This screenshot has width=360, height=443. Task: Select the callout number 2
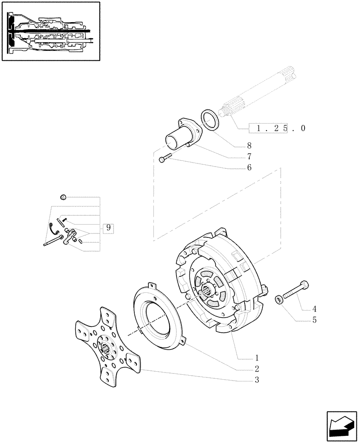tap(256, 369)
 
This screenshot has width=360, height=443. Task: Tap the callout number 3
tap(256, 380)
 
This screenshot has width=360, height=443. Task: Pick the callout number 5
tap(314, 320)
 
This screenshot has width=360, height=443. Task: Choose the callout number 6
tap(249, 167)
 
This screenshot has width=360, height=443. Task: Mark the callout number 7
tap(249, 156)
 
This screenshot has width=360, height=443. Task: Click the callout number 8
tap(249, 145)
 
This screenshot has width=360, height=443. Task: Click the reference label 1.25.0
tap(277, 128)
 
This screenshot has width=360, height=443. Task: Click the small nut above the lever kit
tap(63, 197)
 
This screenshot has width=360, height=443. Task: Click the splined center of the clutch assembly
tap(209, 292)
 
